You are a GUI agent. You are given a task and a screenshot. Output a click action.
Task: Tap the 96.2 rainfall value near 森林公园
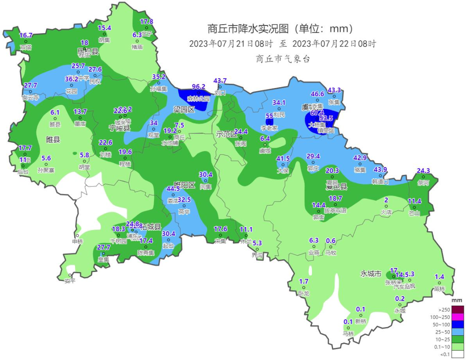(198, 86)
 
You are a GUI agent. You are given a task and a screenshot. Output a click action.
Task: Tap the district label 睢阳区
(184, 185)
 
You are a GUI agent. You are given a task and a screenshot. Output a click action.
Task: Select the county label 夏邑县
(337, 186)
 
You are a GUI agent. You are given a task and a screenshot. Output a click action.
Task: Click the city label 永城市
(371, 274)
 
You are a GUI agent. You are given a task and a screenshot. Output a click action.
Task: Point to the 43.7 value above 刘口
(220, 81)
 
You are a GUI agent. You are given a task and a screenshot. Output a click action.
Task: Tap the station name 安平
(70, 281)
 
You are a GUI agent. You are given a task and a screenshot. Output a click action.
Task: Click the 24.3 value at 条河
(423, 171)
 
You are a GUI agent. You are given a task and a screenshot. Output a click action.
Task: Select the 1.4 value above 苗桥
(439, 277)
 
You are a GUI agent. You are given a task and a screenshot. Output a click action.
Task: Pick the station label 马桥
(348, 333)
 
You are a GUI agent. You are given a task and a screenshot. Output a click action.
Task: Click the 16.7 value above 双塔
(26, 35)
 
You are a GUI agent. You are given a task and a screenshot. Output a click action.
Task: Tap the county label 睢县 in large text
(53, 139)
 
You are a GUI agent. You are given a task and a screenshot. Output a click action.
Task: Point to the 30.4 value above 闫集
(205, 174)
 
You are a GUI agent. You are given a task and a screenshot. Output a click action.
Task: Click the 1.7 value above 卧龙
(304, 281)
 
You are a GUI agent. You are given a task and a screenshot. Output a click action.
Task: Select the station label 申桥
(77, 241)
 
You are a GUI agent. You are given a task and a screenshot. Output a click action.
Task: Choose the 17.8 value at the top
(147, 22)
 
